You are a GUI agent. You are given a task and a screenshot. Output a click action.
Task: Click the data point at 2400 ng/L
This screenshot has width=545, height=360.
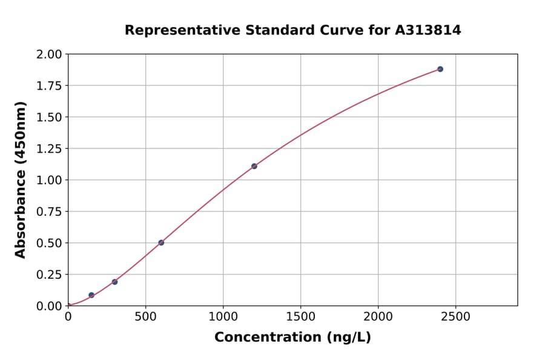click(440, 69)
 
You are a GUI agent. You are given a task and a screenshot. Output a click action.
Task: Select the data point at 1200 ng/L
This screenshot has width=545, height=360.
click(254, 166)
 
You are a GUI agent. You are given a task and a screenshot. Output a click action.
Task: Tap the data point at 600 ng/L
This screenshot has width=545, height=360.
click(161, 242)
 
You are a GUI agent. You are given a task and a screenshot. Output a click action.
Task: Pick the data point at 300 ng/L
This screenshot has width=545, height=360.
click(114, 282)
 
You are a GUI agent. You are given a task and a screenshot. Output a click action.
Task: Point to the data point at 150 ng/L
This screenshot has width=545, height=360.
click(91, 295)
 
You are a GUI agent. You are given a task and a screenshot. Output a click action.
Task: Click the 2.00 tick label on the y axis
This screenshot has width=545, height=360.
click(49, 55)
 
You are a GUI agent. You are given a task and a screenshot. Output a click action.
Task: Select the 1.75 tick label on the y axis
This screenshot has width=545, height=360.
click(49, 86)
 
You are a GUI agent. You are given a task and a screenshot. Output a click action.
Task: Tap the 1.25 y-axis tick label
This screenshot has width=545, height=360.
click(49, 149)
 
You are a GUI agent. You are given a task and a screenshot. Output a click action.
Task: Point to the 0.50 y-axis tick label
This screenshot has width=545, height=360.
click(49, 243)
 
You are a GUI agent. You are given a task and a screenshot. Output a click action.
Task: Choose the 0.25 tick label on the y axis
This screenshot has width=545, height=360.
click(49, 275)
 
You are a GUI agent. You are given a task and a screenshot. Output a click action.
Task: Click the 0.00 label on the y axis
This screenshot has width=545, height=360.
click(49, 306)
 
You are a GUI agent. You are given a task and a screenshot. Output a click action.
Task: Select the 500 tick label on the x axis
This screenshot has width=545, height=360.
click(145, 316)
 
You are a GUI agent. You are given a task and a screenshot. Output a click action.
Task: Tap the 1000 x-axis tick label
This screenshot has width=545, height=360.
click(223, 316)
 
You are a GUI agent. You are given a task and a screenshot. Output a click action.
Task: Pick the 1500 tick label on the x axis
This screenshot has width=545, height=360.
click(300, 316)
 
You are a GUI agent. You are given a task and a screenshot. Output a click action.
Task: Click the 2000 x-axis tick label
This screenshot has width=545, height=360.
click(378, 316)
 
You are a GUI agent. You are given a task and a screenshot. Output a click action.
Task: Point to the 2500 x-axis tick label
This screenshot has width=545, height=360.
click(456, 316)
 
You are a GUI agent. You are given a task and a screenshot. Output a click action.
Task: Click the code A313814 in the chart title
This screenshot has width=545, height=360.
click(428, 30)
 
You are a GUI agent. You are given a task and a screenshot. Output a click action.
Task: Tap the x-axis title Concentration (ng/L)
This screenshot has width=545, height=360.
click(292, 338)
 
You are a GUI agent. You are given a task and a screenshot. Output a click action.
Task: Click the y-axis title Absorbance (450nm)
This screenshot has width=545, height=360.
click(21, 179)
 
